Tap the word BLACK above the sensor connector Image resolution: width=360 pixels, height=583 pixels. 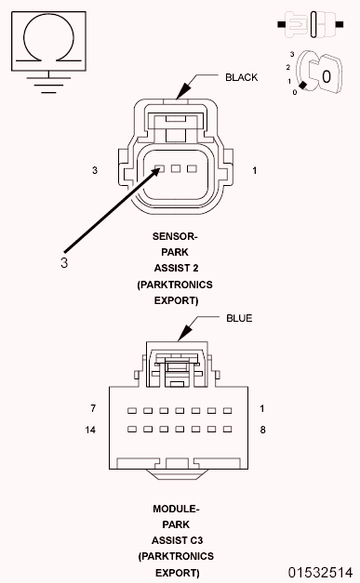pyautogui.click(x=241, y=77)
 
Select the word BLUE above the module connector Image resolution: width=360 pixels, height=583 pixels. pyautogui.click(x=239, y=318)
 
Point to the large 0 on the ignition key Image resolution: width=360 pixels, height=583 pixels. pyautogui.click(x=326, y=73)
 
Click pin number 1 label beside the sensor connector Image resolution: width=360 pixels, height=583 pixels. pyautogui.click(x=255, y=171)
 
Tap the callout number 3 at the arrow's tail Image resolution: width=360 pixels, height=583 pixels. pyautogui.click(x=64, y=262)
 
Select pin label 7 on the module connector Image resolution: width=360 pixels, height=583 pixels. pyautogui.click(x=93, y=409)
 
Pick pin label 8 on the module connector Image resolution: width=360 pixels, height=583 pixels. pyautogui.click(x=263, y=430)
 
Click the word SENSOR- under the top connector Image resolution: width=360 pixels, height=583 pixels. pyautogui.click(x=175, y=236)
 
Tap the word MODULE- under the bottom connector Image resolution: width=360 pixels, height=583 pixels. pyautogui.click(x=176, y=509)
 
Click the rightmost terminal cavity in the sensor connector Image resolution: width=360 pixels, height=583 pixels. pyautogui.click(x=192, y=169)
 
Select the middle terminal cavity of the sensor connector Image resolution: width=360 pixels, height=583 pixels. pyautogui.click(x=176, y=169)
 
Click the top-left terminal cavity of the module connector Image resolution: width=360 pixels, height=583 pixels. pyautogui.click(x=132, y=410)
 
